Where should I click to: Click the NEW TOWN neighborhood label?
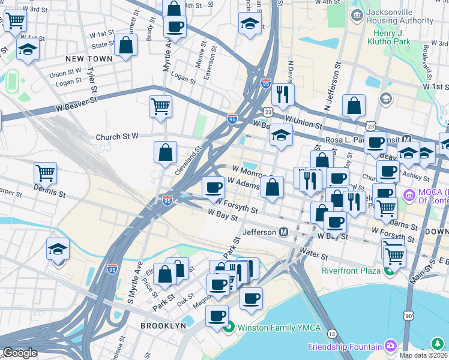[x=89, y=59]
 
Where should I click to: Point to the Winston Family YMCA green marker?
[x=228, y=328]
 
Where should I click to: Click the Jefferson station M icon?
[x=283, y=232]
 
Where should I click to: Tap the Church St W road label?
[x=117, y=137]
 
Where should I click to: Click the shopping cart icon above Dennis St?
[x=45, y=173]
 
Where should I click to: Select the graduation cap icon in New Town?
[x=27, y=50]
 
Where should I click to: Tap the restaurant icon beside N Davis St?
[x=282, y=94]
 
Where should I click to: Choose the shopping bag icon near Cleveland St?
[x=165, y=152]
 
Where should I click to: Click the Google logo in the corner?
[x=20, y=353]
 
